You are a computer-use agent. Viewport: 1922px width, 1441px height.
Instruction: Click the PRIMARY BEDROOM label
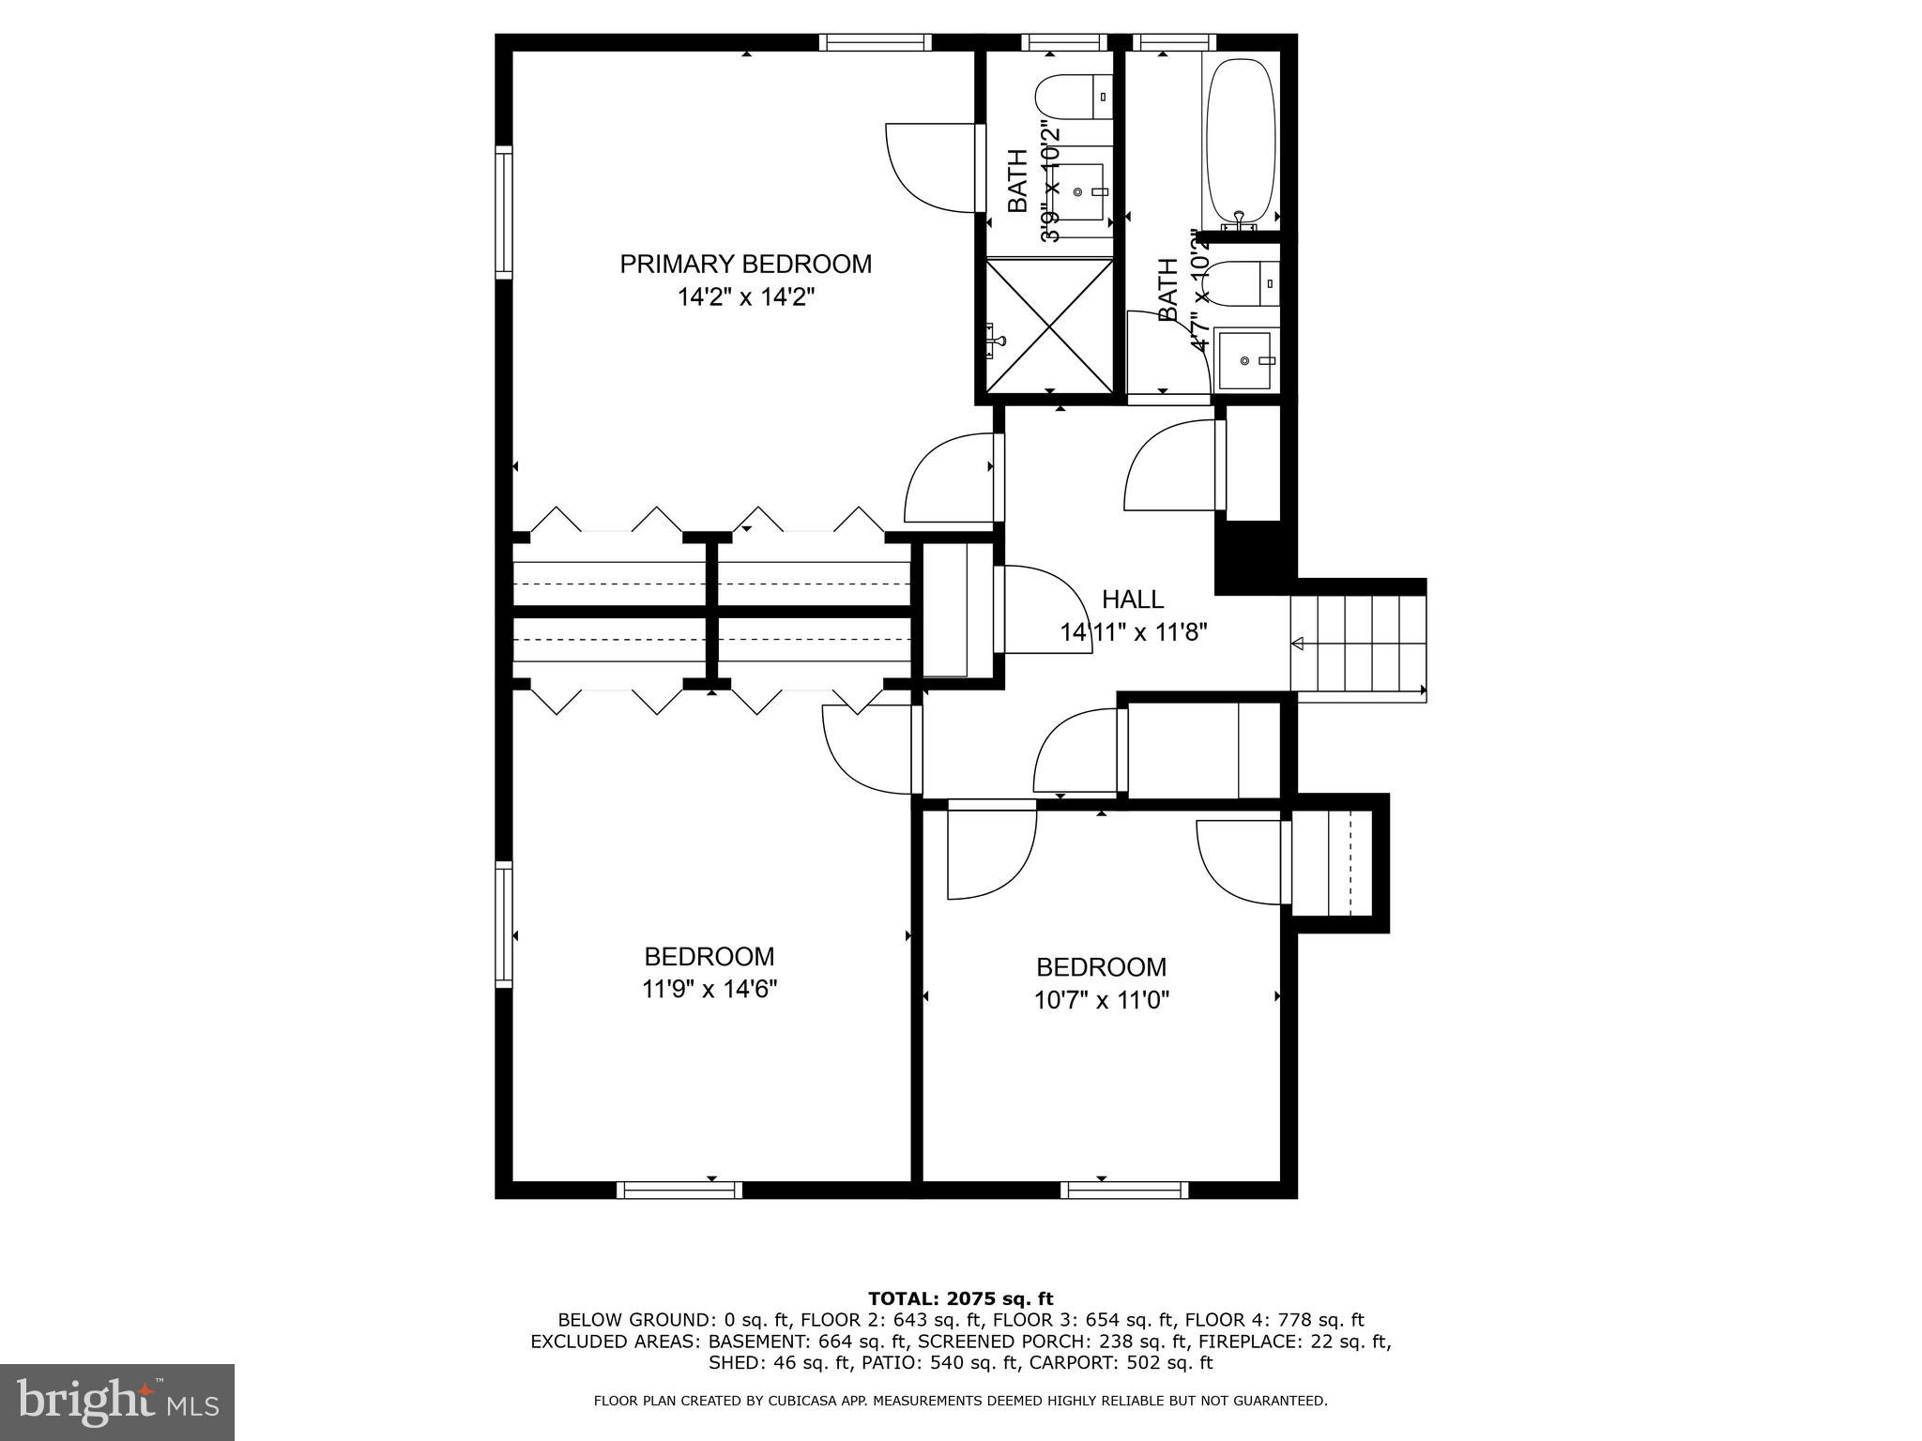[745, 265]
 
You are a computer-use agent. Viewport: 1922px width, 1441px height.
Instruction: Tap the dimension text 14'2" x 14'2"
[745, 298]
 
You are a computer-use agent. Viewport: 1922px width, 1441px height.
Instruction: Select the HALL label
[1132, 599]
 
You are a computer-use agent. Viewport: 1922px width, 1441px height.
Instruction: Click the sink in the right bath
[1244, 360]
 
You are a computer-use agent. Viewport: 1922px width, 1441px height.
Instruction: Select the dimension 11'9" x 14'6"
[709, 989]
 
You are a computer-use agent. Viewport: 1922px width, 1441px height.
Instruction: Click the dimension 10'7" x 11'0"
[1102, 1000]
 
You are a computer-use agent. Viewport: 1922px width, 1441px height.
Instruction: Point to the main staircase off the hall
[1357, 643]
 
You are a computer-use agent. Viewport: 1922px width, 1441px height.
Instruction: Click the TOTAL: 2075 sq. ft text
[960, 1298]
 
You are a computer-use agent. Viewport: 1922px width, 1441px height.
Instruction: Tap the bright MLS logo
[116, 1403]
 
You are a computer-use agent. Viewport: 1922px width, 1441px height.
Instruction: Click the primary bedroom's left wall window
[504, 212]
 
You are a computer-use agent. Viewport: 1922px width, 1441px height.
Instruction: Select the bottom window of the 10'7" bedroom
[1124, 1190]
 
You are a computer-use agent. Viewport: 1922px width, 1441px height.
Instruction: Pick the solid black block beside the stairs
[1248, 557]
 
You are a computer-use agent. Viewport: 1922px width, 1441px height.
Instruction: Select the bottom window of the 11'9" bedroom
[679, 1190]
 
